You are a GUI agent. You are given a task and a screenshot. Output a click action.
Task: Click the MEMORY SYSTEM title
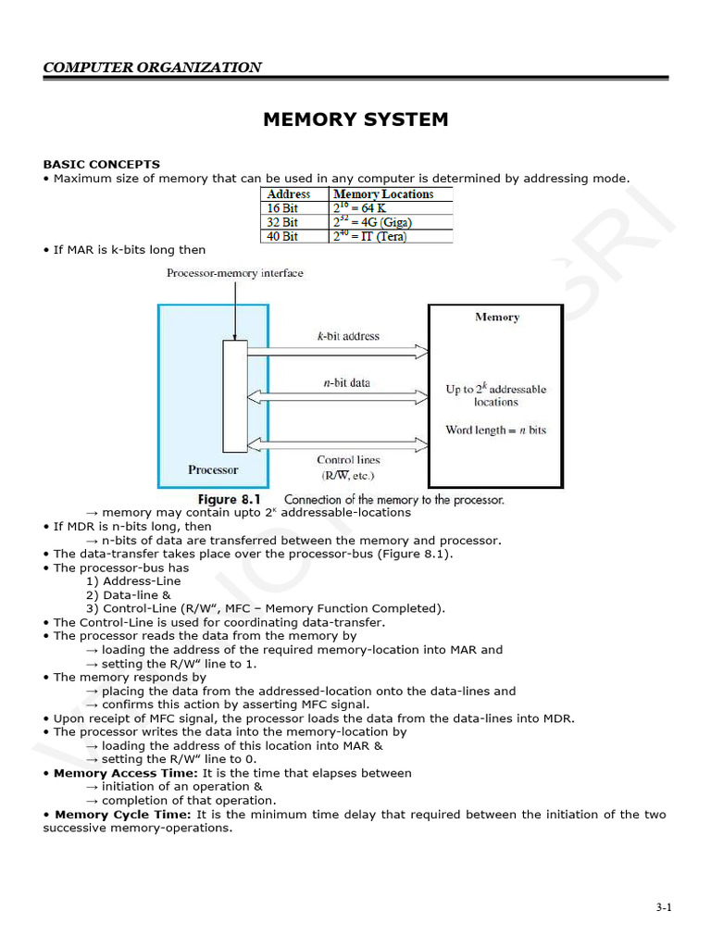pyautogui.click(x=355, y=119)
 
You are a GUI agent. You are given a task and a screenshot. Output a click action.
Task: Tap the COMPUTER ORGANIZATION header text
pyautogui.click(x=152, y=67)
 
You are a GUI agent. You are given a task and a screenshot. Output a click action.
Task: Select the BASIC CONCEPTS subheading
pyautogui.click(x=101, y=164)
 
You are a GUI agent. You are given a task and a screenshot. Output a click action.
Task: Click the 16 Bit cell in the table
pyautogui.click(x=282, y=208)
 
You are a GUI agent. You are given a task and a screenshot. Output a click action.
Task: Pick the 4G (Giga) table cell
pyautogui.click(x=372, y=222)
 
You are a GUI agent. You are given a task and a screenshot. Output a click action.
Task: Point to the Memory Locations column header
pyautogui.click(x=383, y=194)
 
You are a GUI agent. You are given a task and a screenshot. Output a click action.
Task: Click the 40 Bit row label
pyautogui.click(x=282, y=236)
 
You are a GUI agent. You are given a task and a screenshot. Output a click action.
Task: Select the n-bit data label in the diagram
pyautogui.click(x=346, y=382)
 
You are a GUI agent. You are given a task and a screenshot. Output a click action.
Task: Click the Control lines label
pyautogui.click(x=348, y=460)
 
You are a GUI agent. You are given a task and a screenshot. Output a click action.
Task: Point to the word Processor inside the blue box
pyautogui.click(x=213, y=469)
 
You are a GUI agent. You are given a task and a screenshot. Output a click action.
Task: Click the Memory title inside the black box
pyautogui.click(x=497, y=317)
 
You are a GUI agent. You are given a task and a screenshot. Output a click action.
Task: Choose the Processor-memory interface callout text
pyautogui.click(x=234, y=273)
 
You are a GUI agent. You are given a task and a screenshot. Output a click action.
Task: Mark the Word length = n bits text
pyautogui.click(x=495, y=430)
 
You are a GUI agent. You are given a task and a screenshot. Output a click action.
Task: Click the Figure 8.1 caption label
pyautogui.click(x=230, y=499)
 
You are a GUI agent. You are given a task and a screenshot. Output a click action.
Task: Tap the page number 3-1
pyautogui.click(x=663, y=908)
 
